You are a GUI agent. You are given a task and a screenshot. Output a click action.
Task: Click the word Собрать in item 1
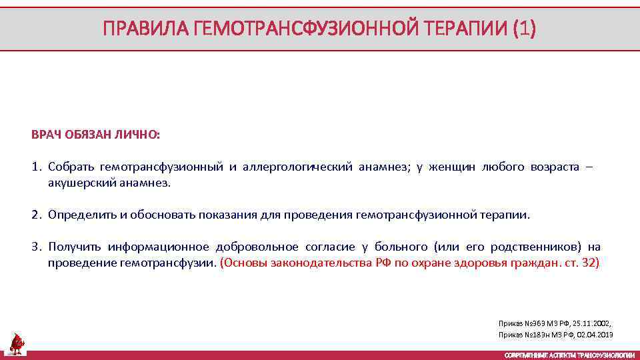coord(71,167)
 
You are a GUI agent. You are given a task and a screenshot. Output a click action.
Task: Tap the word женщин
coord(453,167)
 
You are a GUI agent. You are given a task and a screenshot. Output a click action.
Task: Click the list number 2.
coord(35,215)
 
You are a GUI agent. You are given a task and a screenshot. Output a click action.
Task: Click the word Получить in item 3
coord(74,247)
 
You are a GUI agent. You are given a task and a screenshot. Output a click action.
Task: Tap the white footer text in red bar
coord(569,355)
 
